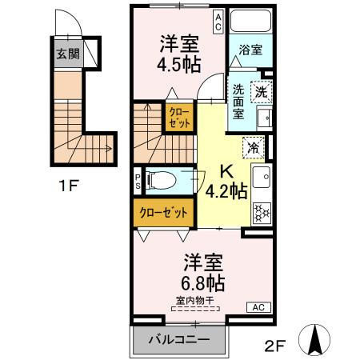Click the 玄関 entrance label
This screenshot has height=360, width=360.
click(68, 55)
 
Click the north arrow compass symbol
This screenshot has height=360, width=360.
click(315, 339)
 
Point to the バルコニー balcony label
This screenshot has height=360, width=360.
click(179, 340)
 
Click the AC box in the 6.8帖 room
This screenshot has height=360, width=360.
click(258, 306)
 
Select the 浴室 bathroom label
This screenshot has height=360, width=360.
click(249, 50)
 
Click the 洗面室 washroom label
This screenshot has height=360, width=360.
click(238, 102)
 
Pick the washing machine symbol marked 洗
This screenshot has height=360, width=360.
click(261, 91)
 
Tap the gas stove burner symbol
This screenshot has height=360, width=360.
click(262, 213)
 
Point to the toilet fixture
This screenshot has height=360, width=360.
click(162, 181)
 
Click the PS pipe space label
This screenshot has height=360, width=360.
click(138, 181)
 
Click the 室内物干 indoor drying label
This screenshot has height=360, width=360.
click(195, 301)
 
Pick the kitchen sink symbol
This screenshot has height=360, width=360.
click(262, 176)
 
